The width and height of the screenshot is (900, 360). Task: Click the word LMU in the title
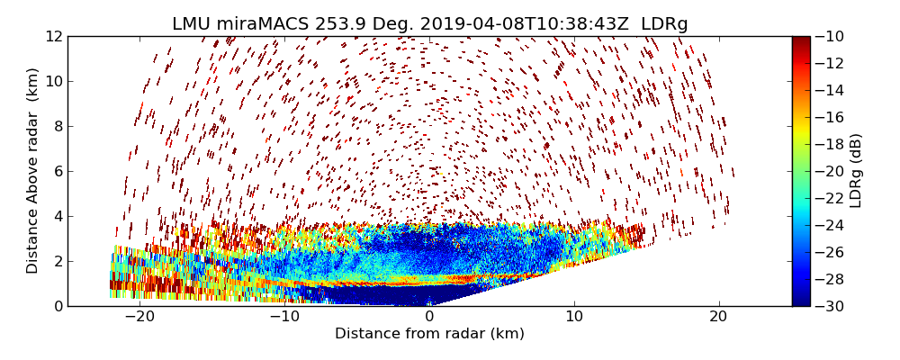point(193,24)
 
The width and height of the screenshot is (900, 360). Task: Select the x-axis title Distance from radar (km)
point(429,334)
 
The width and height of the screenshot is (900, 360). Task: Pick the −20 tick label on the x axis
point(139,317)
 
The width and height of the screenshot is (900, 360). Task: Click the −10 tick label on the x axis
point(284,317)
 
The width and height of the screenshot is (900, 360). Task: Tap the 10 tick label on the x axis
point(573,317)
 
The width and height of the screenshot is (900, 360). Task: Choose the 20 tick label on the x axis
point(718,317)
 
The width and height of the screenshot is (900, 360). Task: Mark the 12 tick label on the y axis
point(55,36)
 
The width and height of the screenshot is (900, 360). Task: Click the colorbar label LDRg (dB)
point(856,171)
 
